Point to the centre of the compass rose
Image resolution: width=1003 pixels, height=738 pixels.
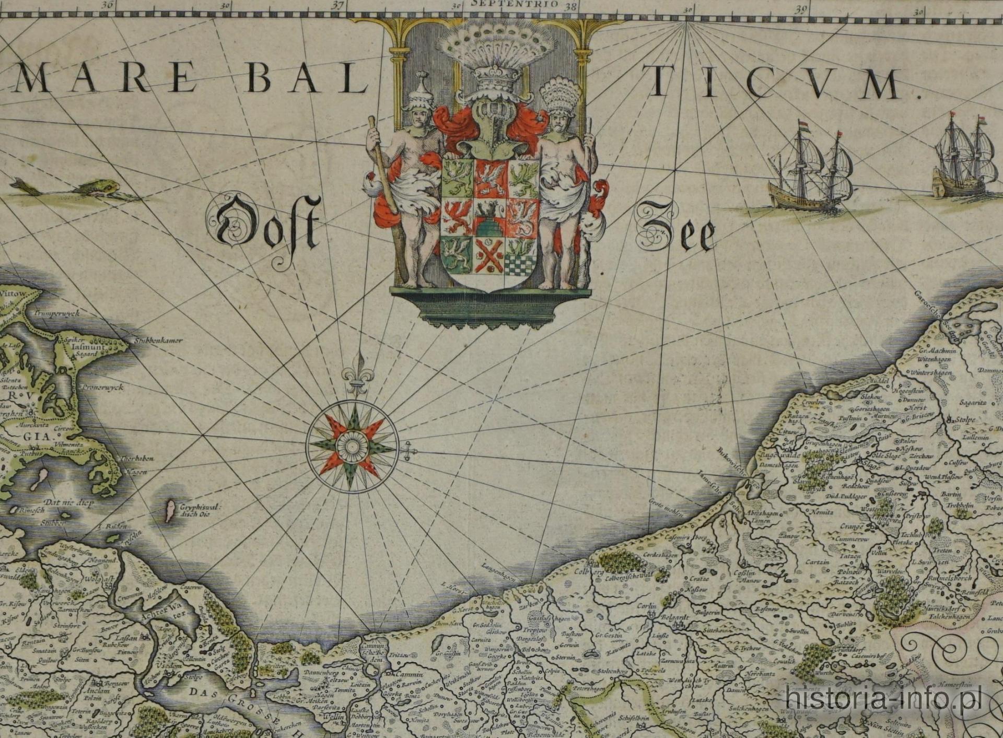pyautogui.click(x=352, y=446)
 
